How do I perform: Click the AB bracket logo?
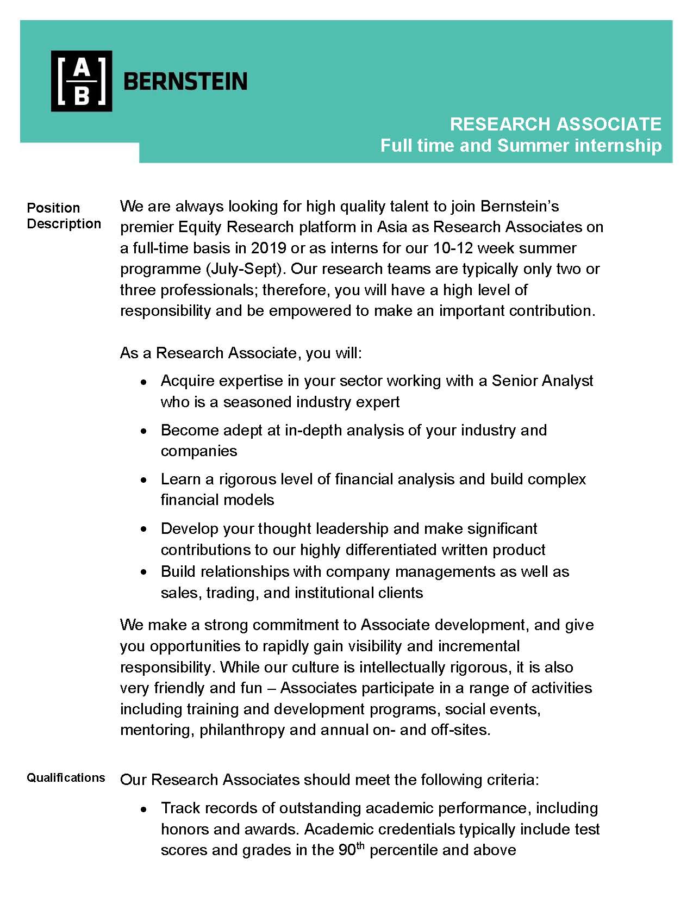click(82, 81)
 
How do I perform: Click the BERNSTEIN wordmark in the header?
click(185, 82)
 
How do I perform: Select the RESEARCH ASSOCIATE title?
click(555, 124)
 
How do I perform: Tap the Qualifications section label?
click(66, 777)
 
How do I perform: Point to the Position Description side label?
click(64, 215)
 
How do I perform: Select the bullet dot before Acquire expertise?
click(143, 383)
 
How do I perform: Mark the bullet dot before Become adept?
click(143, 432)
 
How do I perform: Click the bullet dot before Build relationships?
click(143, 572)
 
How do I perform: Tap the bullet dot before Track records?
click(143, 809)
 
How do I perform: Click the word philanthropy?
click(242, 730)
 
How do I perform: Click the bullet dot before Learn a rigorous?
click(143, 481)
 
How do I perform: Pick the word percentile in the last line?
click(403, 850)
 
